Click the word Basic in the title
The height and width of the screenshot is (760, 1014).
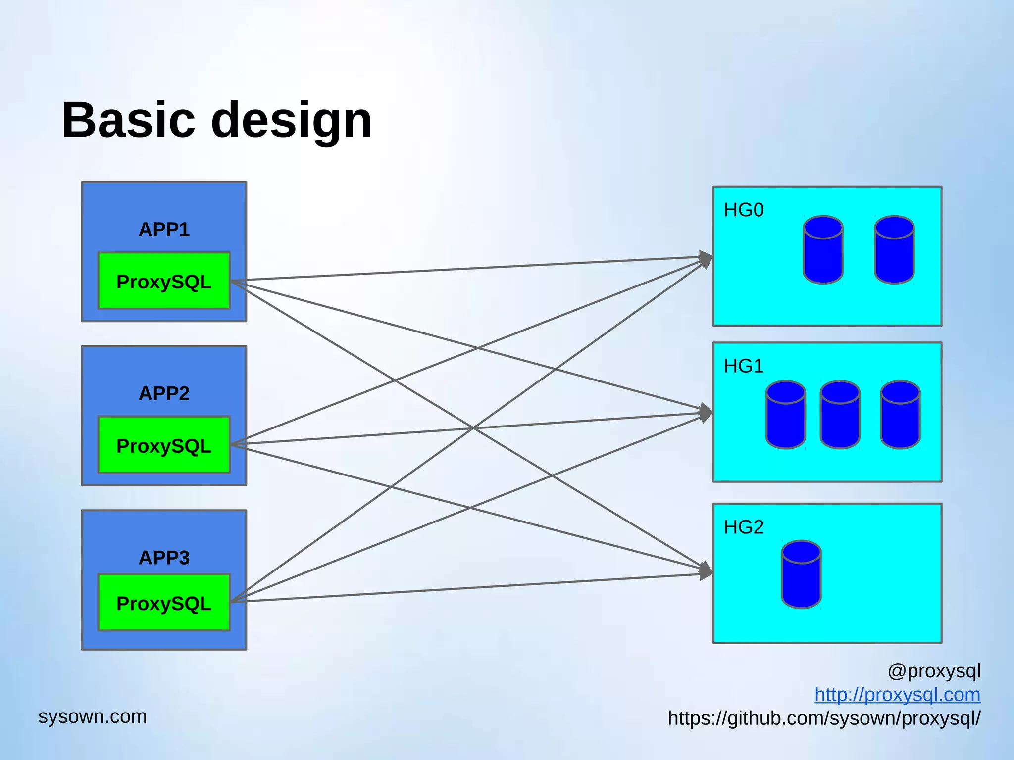[129, 120]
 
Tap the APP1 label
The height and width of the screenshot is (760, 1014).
[164, 230]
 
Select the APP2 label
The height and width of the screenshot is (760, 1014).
[164, 394]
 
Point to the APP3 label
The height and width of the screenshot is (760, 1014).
[164, 558]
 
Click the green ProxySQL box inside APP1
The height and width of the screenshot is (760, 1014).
[164, 281]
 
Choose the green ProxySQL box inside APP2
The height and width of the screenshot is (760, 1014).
[164, 445]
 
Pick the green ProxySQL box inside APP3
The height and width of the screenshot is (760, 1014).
[164, 603]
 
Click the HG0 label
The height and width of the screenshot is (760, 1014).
[744, 210]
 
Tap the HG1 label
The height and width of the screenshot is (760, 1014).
[744, 367]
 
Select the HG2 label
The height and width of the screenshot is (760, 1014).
[744, 527]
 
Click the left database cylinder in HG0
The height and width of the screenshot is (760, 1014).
[823, 250]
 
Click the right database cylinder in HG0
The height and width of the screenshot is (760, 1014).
[894, 250]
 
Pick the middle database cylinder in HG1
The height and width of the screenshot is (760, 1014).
[840, 415]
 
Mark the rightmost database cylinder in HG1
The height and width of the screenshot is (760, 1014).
[900, 415]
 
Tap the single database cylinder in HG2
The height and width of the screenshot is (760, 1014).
[801, 574]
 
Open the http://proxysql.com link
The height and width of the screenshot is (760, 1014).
[897, 695]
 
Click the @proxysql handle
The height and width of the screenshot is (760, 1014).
[934, 671]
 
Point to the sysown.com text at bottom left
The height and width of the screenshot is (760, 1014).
[93, 716]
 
